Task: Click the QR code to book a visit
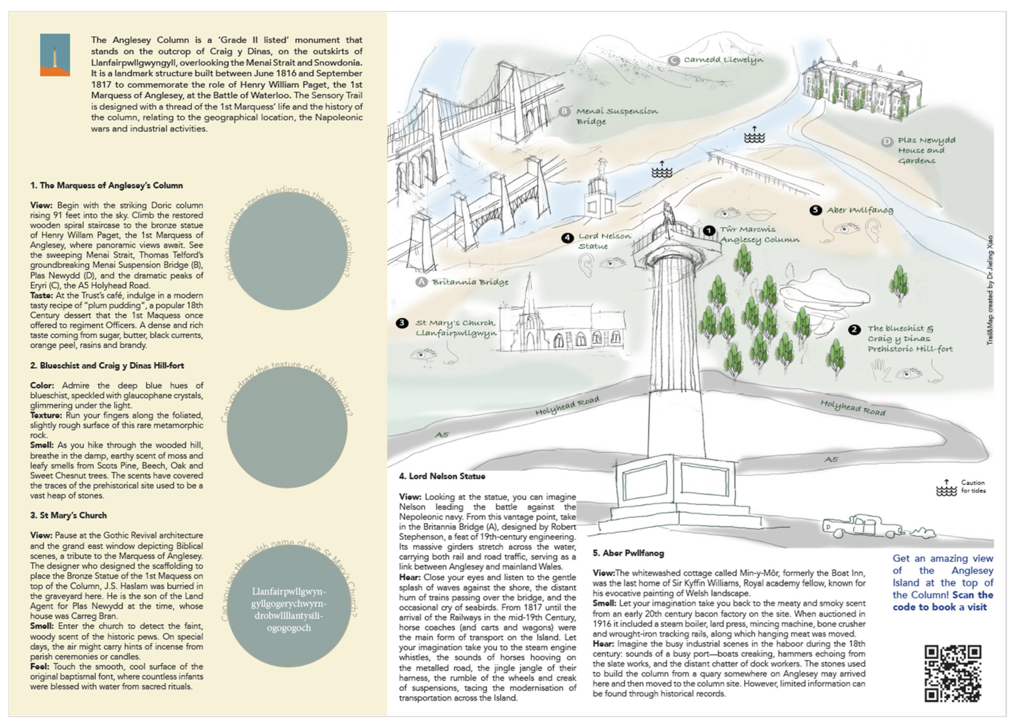(x=952, y=673)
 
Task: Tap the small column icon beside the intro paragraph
(x=55, y=55)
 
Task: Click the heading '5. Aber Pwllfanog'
(x=628, y=553)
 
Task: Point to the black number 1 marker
(x=709, y=230)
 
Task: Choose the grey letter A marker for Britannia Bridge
(x=421, y=282)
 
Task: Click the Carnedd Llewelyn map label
(x=723, y=60)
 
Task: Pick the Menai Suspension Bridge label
(x=616, y=116)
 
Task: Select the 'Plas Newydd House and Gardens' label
(x=926, y=150)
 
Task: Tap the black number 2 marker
(x=854, y=330)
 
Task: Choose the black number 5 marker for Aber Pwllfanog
(x=815, y=210)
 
